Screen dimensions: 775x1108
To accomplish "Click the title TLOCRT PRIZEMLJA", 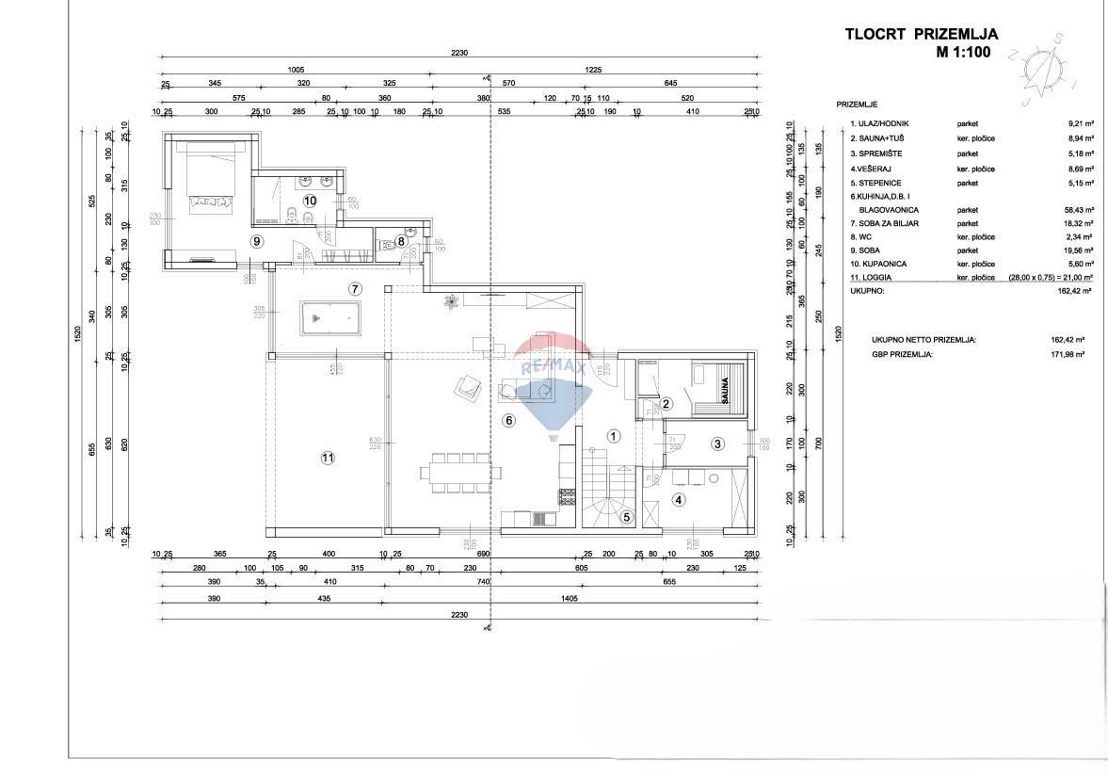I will tap(922, 35).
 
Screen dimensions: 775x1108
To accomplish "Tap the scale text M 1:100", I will tap(963, 53).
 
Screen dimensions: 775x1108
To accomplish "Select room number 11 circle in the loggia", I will tap(328, 458).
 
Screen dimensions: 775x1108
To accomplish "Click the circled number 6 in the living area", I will tap(509, 421).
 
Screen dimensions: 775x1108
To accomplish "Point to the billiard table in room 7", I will tap(329, 318).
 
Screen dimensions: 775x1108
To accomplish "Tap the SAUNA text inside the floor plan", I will tap(725, 389).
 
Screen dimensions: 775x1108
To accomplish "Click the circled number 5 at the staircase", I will tap(626, 516).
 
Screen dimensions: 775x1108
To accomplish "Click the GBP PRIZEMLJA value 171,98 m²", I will tap(1069, 354).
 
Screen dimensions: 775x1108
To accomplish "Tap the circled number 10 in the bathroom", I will tap(310, 200).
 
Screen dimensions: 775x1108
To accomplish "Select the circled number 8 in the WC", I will tap(401, 241).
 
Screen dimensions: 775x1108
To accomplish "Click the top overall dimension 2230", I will tap(458, 54).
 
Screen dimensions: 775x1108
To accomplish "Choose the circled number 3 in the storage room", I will tap(716, 444).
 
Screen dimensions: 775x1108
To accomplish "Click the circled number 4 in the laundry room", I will tap(678, 500).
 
